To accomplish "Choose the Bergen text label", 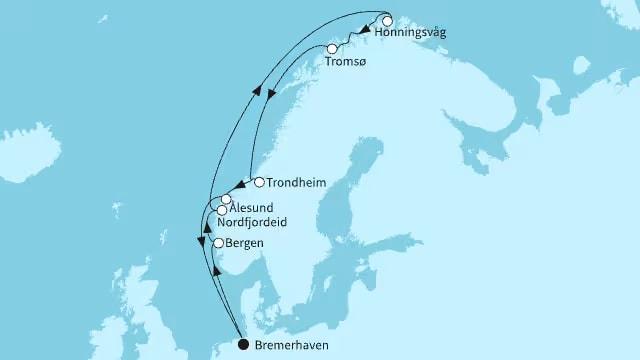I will point(247,244).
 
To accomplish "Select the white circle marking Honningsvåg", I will point(387,19).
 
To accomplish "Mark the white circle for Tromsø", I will point(333,48).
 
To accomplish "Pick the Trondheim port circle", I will point(259,182).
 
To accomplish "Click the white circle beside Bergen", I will point(218,243).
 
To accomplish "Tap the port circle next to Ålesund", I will point(227,201).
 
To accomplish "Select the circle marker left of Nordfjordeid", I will point(221,211).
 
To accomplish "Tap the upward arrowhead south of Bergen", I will point(217,272).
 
